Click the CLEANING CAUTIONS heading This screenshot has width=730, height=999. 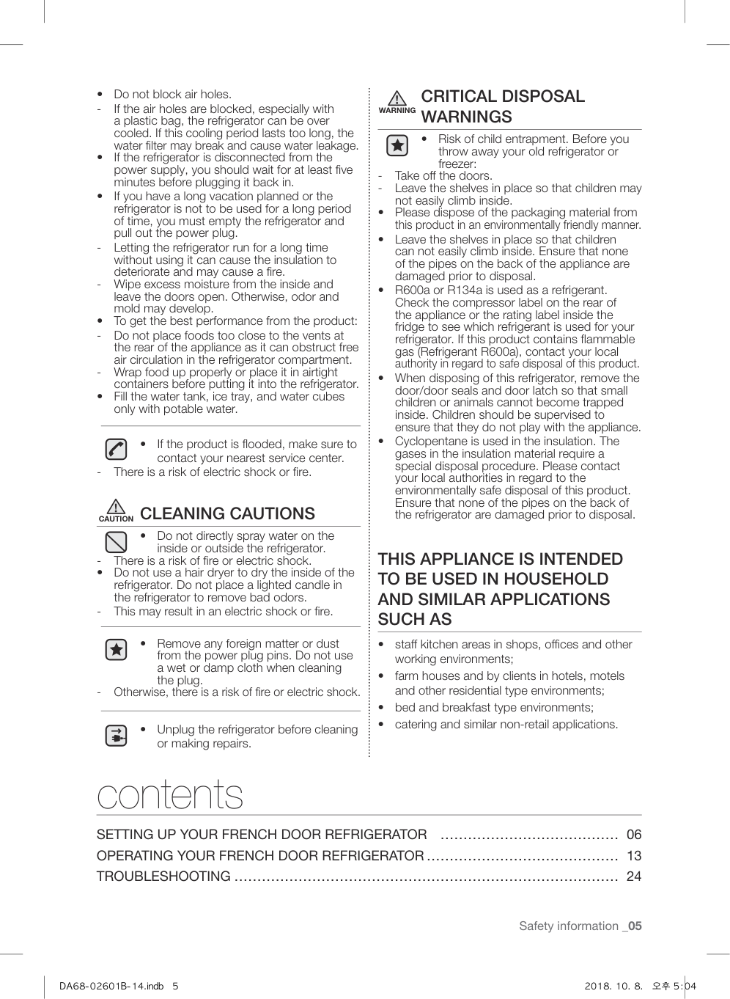(227, 513)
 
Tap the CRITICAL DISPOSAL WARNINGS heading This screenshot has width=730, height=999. (503, 106)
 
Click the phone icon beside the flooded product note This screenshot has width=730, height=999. (116, 449)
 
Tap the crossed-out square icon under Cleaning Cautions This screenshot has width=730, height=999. (116, 542)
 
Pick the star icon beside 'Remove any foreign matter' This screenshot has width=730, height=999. (116, 650)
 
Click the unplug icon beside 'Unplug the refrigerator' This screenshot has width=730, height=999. (116, 736)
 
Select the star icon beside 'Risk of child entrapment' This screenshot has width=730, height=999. (397, 146)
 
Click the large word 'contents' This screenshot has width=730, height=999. (170, 794)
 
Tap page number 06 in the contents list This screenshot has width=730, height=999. (633, 835)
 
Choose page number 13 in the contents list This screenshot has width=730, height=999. (633, 856)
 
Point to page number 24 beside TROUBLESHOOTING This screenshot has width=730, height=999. (633, 877)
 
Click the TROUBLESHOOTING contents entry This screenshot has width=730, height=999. (163, 877)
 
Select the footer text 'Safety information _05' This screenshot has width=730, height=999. (580, 926)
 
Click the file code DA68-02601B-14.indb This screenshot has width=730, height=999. (111, 987)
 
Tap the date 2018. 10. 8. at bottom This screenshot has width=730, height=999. (613, 987)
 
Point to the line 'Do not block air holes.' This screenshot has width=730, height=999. (172, 95)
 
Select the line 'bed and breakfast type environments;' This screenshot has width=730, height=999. (494, 708)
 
